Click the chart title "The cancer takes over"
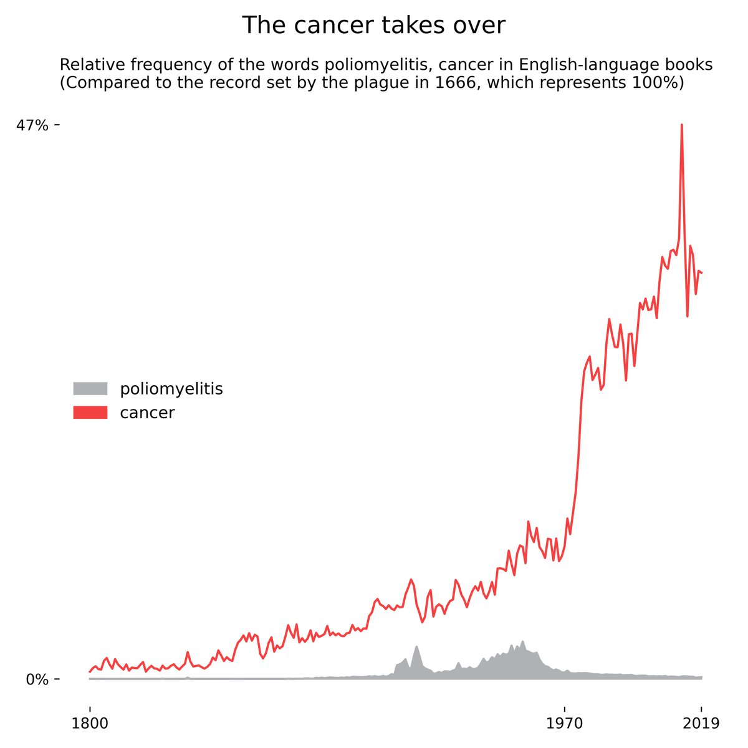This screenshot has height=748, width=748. point(373,26)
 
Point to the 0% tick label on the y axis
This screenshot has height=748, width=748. point(37,679)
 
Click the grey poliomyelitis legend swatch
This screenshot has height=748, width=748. point(90,389)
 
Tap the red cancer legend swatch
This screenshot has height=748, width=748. point(90,413)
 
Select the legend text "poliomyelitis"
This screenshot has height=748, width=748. point(171,389)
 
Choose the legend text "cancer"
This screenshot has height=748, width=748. point(147,413)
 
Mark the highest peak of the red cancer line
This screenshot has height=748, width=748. point(681,125)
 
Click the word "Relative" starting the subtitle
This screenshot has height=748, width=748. point(87,65)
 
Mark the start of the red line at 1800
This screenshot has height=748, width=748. point(90,672)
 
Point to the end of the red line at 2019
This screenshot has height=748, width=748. point(702,272)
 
